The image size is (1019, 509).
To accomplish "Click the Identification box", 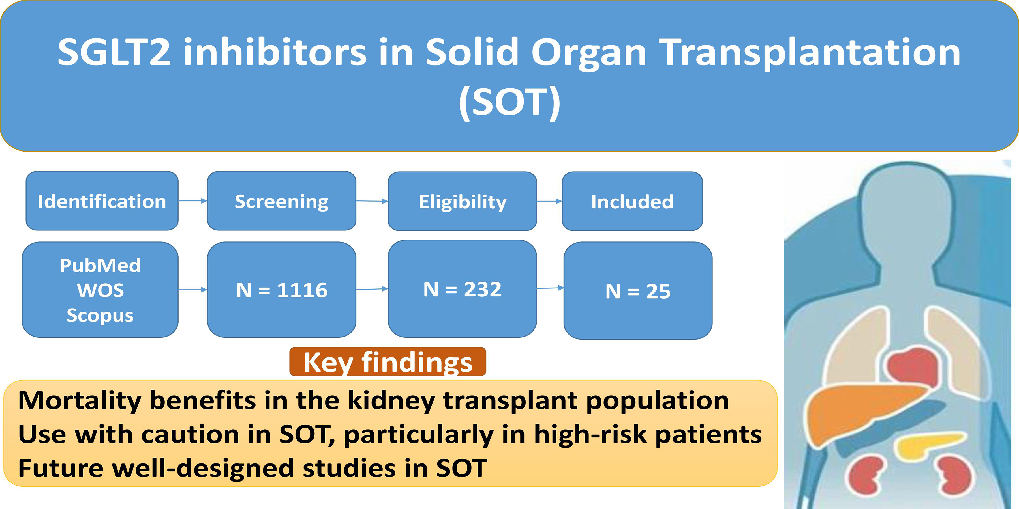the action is point(102,201).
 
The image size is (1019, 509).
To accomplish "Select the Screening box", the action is point(282,201).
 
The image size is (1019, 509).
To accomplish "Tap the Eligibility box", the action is point(463,201).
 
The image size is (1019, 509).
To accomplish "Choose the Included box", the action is point(632,201).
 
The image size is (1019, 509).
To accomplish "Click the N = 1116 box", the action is point(282,290).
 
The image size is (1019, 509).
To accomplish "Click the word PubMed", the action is point(100,265).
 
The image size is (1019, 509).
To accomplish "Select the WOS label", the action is point(100,290).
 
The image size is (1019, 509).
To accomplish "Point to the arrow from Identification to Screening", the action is point(193,201).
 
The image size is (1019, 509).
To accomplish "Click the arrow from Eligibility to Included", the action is point(549,201).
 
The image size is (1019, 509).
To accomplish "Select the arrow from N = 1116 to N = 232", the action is point(372,289).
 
